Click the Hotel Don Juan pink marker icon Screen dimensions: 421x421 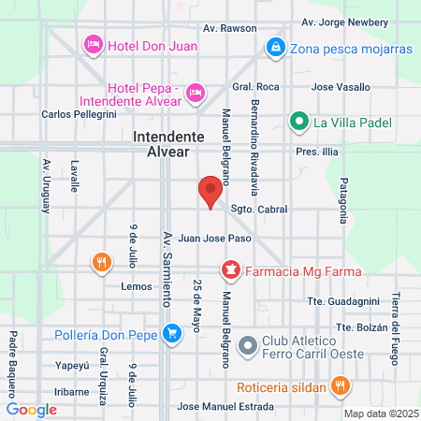click(93, 44)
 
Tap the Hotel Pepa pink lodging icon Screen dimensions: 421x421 click(196, 92)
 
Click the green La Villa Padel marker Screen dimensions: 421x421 click(299, 120)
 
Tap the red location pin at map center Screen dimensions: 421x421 click(210, 193)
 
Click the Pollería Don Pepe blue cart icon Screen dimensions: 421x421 click(171, 332)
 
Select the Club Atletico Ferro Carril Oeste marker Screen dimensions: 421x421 click(248, 345)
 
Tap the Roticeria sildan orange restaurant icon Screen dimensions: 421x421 click(341, 385)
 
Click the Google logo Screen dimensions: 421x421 click(32, 409)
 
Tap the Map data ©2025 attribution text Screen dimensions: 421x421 click(380, 413)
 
